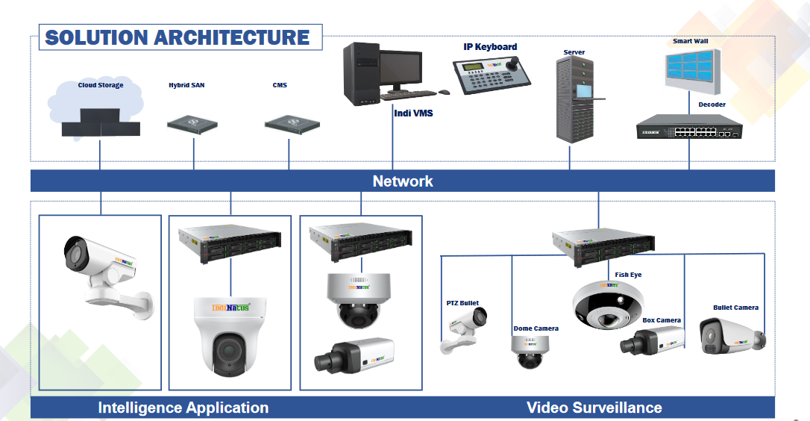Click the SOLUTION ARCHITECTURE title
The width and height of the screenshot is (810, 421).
click(178, 37)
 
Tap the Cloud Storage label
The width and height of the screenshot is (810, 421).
click(101, 85)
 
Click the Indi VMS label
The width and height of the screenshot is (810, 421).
click(412, 113)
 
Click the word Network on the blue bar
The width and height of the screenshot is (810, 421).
click(403, 181)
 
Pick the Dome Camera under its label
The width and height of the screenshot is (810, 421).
click(530, 351)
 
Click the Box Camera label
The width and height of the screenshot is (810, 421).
click(662, 320)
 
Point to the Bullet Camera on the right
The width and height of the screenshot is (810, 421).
click(732, 335)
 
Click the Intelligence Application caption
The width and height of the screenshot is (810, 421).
click(183, 408)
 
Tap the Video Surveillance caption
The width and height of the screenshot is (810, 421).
click(594, 408)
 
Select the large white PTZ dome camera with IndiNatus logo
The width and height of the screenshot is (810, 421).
click(229, 335)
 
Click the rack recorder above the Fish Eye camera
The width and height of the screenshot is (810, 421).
click(603, 243)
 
